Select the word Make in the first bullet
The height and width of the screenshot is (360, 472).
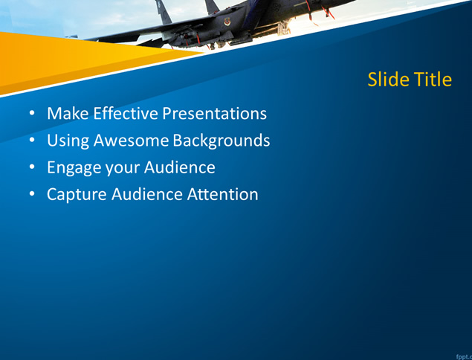click(x=68, y=113)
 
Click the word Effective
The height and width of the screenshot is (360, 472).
click(x=126, y=113)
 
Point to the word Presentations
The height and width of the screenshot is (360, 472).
click(x=215, y=113)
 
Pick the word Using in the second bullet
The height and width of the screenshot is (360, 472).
click(x=68, y=141)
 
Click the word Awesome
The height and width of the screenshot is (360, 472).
click(x=131, y=141)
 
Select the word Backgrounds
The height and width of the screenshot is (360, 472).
click(x=222, y=141)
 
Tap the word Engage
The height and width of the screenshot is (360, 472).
click(x=74, y=168)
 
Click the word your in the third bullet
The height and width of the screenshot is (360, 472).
click(x=123, y=169)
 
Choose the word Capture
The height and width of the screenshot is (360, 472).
click(x=77, y=195)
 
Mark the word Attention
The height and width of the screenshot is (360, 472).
click(x=222, y=194)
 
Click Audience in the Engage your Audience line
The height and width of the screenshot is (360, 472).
click(x=180, y=167)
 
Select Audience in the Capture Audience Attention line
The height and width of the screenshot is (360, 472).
click(x=147, y=194)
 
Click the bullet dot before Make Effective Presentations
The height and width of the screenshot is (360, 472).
click(x=32, y=114)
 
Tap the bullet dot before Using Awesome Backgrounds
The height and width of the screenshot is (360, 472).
click(x=32, y=141)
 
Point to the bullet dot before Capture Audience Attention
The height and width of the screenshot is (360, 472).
click(x=32, y=194)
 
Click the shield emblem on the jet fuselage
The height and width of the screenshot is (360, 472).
click(x=227, y=22)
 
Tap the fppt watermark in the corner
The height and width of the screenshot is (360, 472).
click(x=464, y=357)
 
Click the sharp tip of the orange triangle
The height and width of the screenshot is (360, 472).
click(x=204, y=52)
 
